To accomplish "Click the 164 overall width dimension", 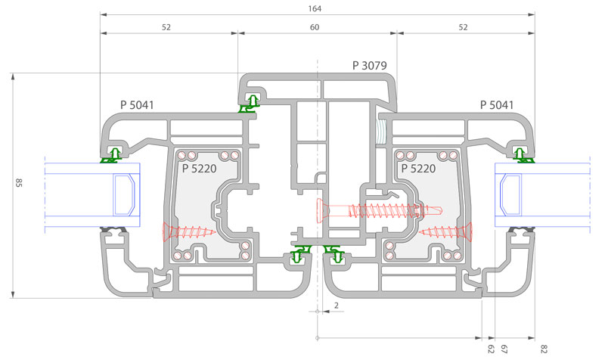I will click(315, 8).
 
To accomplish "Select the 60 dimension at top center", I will click(315, 27).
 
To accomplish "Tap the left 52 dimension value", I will click(166, 27).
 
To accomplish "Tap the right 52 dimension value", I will click(464, 27).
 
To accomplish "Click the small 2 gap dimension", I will click(335, 306).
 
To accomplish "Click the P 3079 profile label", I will click(370, 66).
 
